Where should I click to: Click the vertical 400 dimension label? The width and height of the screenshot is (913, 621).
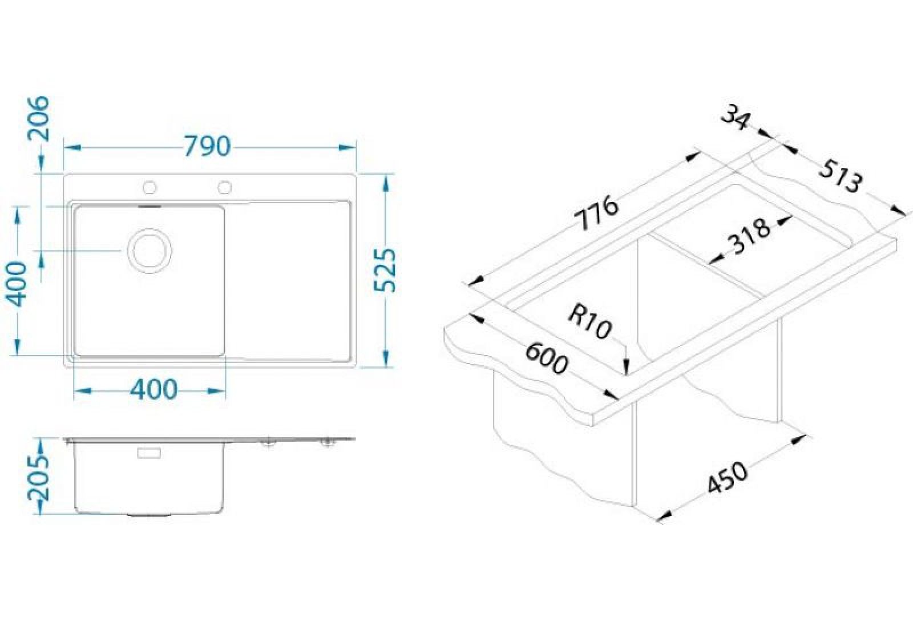tap(17, 284)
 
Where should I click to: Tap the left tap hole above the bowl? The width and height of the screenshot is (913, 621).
tap(150, 187)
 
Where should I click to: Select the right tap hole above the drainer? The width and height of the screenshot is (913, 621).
tap(225, 187)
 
